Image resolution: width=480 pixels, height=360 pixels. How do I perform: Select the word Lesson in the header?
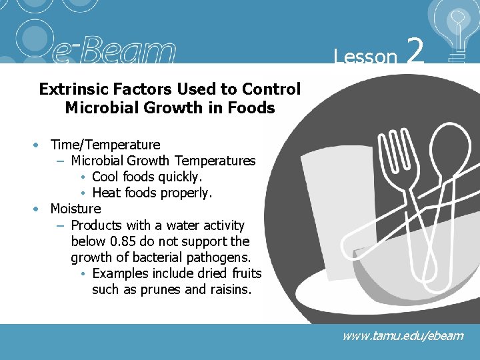pos(365,57)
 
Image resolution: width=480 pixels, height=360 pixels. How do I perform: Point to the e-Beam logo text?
pos(113,51)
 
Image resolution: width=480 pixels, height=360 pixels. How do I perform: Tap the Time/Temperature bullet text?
pos(105,145)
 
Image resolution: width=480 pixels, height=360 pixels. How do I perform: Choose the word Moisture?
pos(75,209)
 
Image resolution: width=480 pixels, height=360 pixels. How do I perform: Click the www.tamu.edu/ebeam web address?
pos(402,335)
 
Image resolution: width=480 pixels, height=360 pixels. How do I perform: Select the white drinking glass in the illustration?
pos(333,200)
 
